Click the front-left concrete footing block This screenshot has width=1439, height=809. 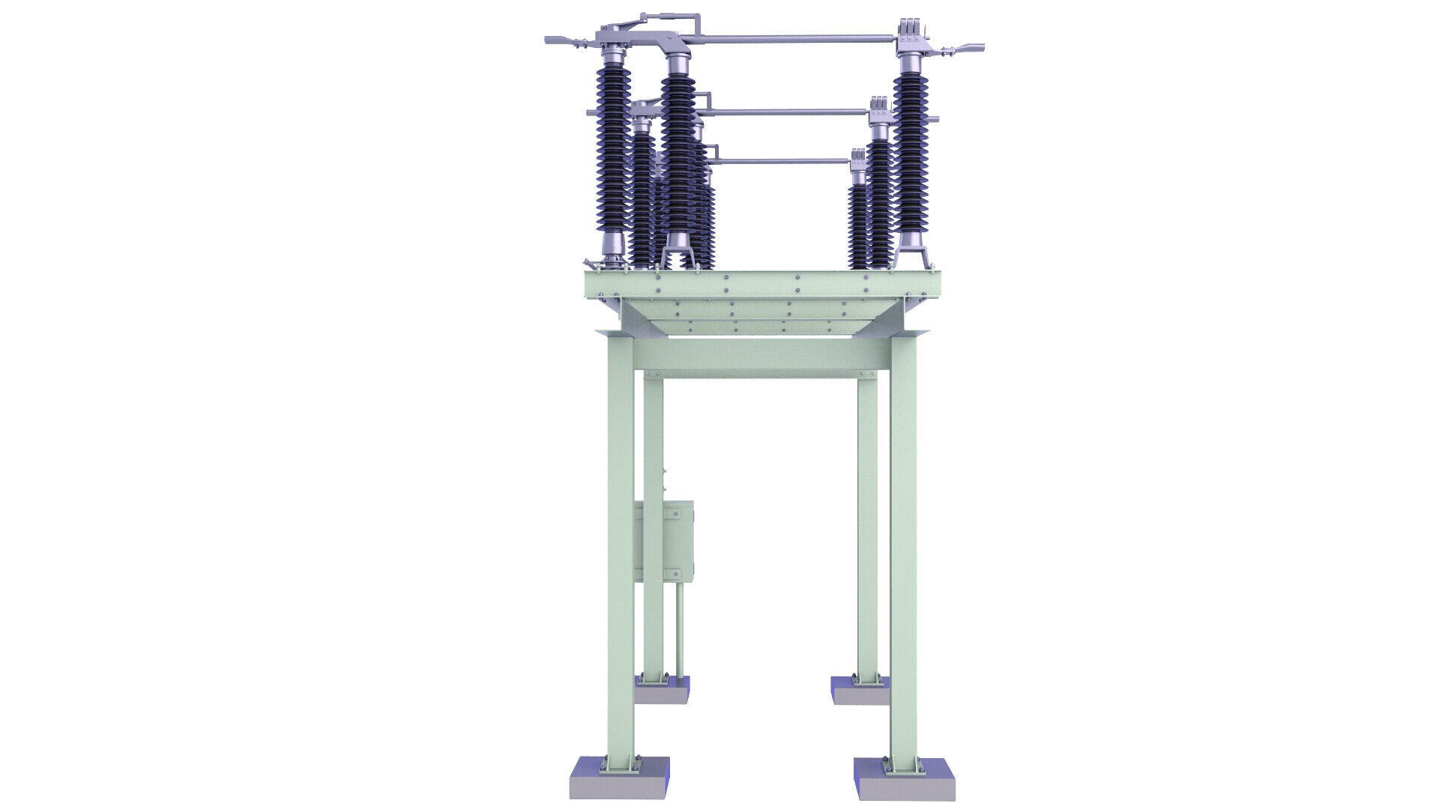click(x=620, y=778)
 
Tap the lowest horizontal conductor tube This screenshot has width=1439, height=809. click(x=783, y=160)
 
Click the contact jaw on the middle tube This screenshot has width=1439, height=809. click(x=878, y=109)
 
